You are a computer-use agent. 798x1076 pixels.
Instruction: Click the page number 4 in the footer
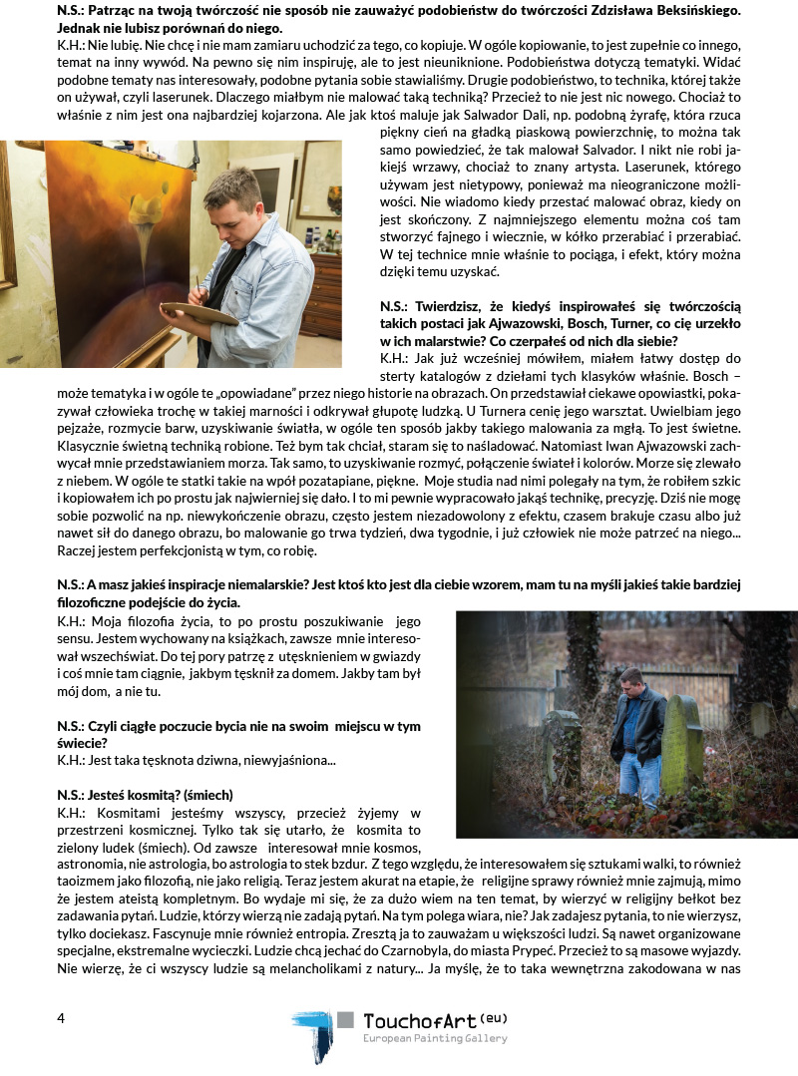[x=61, y=1018]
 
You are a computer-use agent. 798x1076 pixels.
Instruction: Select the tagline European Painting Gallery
[x=434, y=1038]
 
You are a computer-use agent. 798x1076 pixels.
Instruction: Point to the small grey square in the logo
[x=346, y=1020]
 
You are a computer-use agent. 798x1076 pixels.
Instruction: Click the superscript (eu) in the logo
[x=494, y=1015]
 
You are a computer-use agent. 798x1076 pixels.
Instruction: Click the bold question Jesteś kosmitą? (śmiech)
[x=145, y=794]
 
